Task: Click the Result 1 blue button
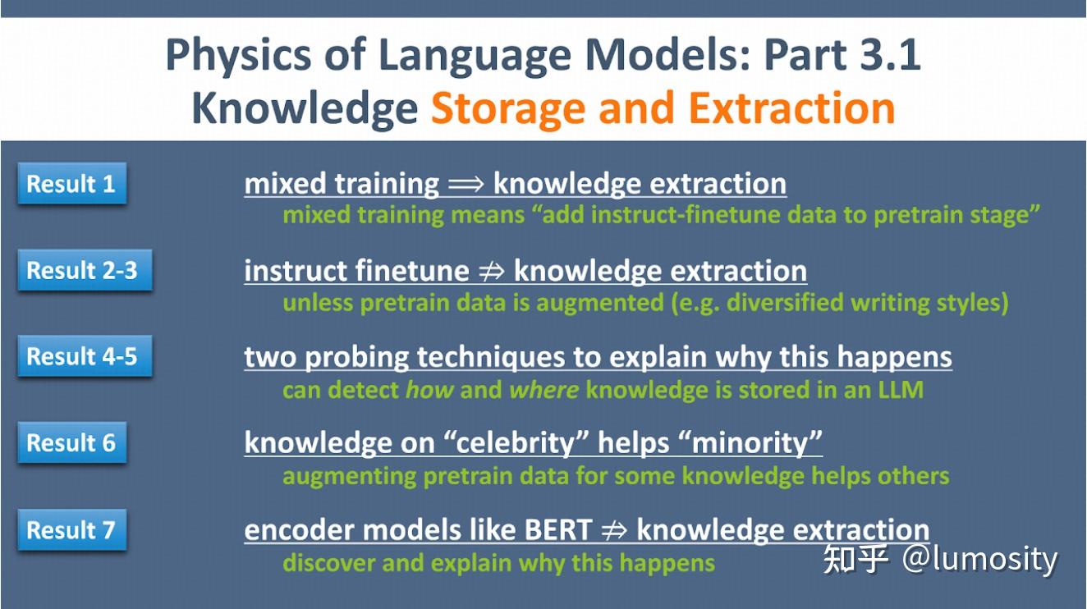tap(71, 184)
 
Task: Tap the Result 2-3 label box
tap(83, 270)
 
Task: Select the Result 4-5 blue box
tap(83, 356)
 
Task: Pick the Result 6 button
tap(71, 442)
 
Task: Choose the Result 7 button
tap(71, 529)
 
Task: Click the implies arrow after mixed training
tap(466, 185)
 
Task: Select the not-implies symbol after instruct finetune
tap(491, 272)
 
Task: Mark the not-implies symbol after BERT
tap(613, 531)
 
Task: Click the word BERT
tap(552, 530)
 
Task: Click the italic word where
tap(543, 389)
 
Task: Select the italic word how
tap(429, 389)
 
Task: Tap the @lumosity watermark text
tap(980, 559)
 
